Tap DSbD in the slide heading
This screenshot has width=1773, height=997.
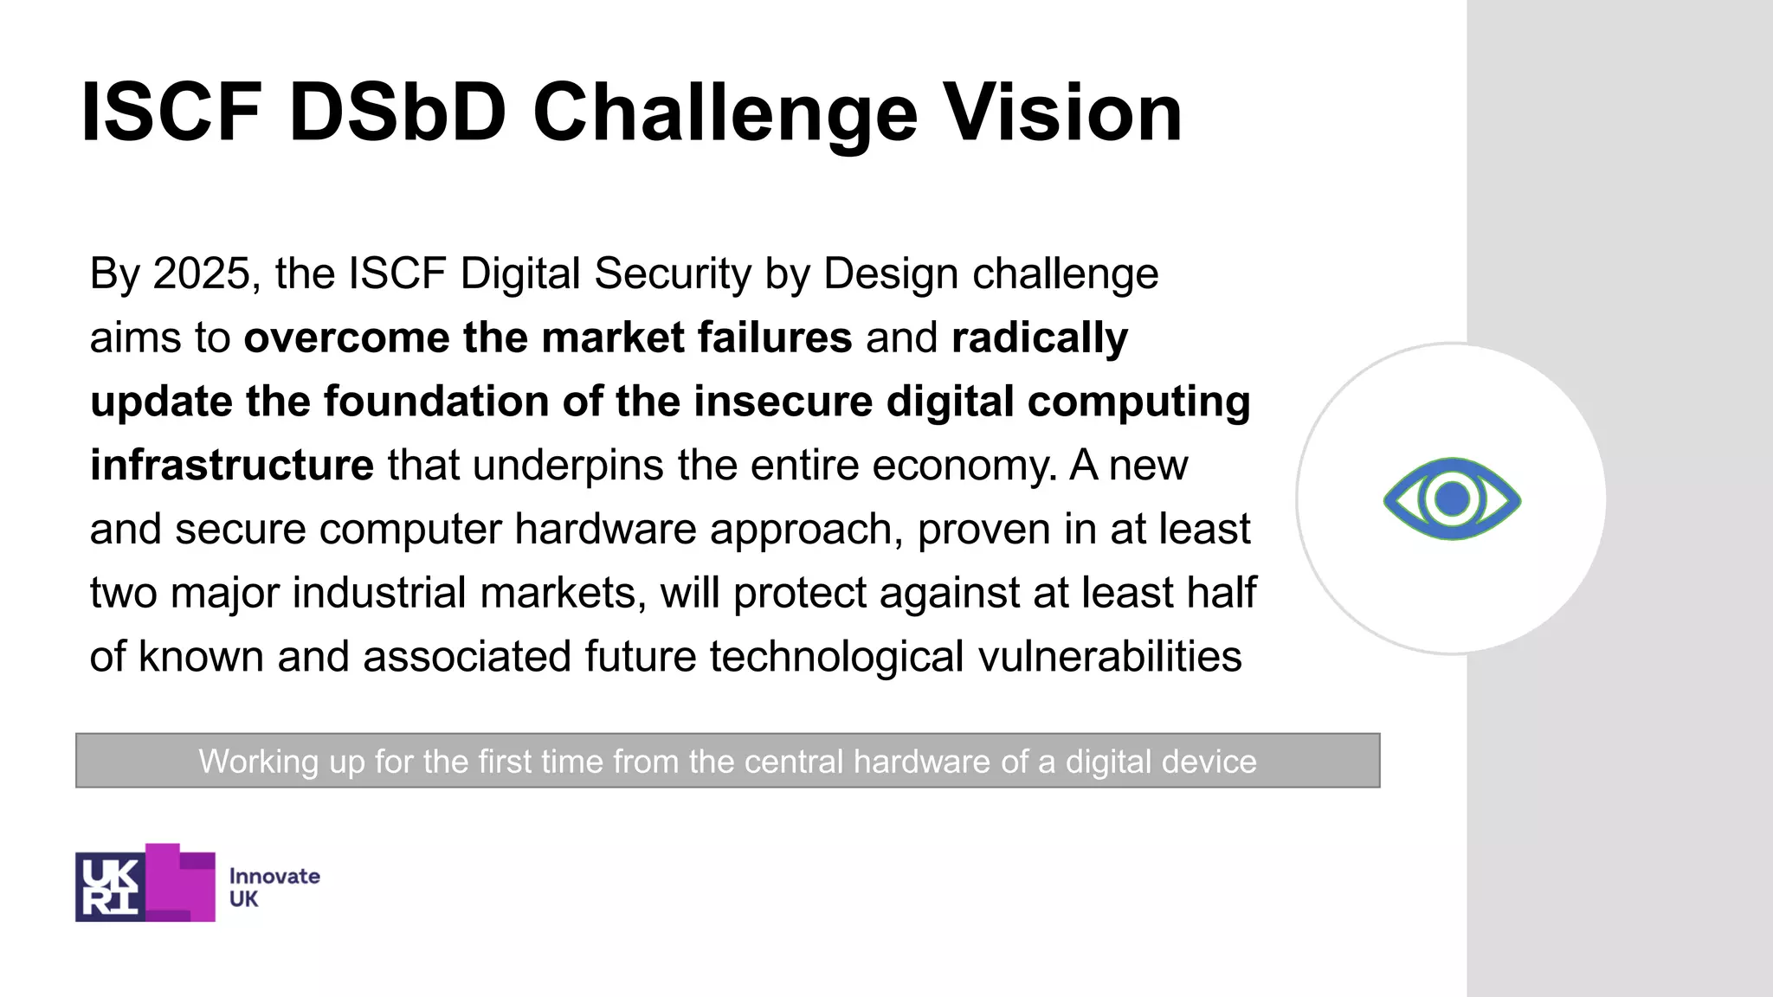pos(397,113)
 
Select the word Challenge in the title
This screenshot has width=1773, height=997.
pos(725,114)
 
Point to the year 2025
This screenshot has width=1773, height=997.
pos(201,273)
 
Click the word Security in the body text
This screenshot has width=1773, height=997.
pos(674,275)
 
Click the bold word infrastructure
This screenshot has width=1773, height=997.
pos(232,465)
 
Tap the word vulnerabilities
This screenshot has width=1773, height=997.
pos(1110,656)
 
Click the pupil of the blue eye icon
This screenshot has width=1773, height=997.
pos(1452,499)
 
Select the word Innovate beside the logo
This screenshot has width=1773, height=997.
pos(274,876)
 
